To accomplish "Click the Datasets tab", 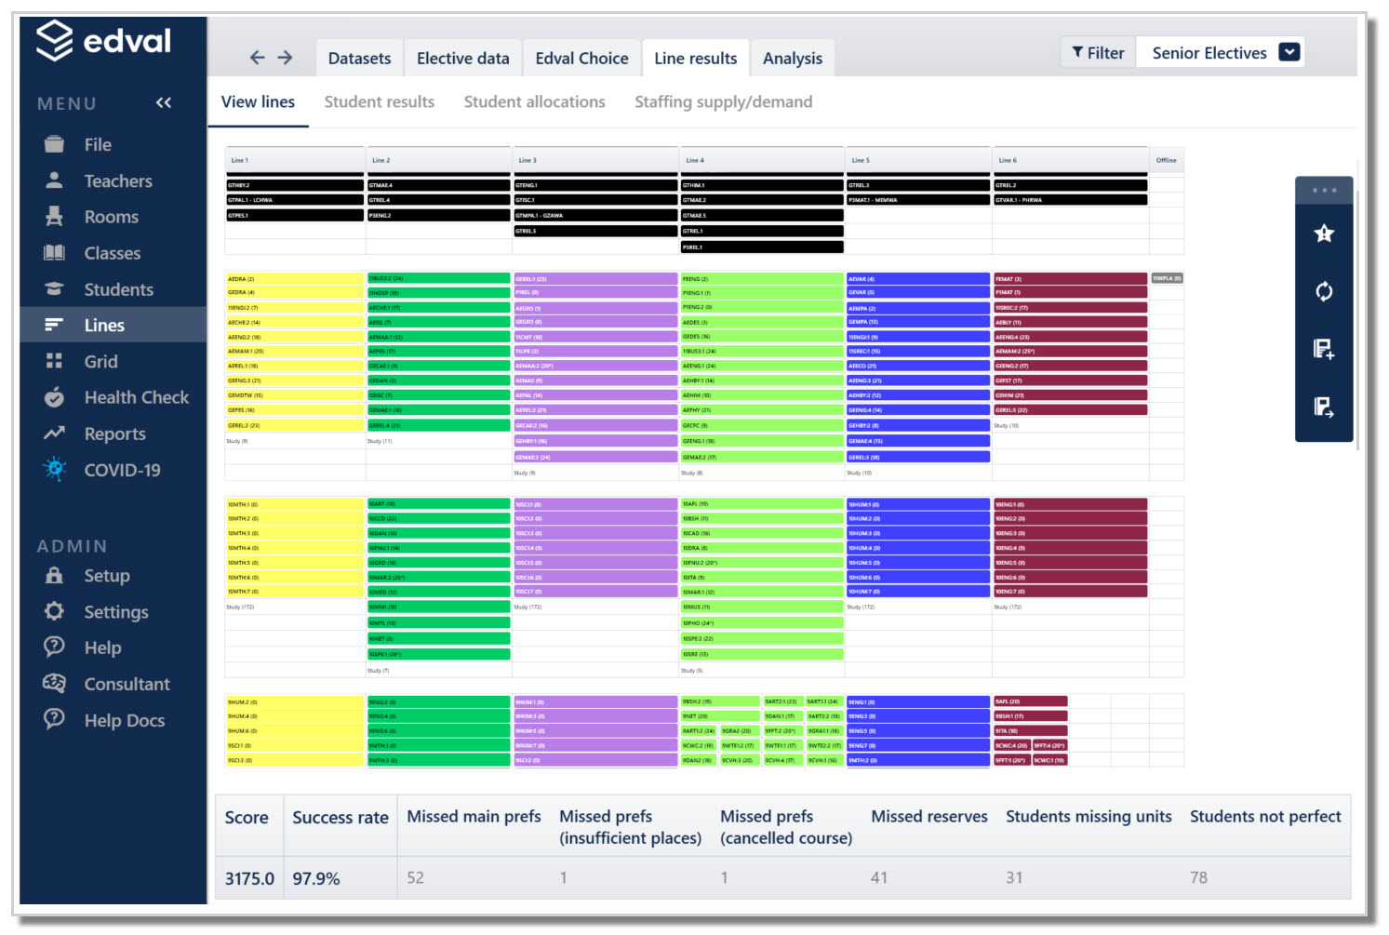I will tap(359, 59).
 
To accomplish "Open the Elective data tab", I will tap(462, 59).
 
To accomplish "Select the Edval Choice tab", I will tap(581, 59).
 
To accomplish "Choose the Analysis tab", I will tap(792, 59).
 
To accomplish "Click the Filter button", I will tap(1098, 53).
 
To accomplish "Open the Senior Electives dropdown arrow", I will tap(1289, 52).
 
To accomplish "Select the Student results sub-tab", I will tap(379, 102).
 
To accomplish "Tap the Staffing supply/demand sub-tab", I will tap(723, 102).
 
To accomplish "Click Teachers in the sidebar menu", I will tap(117, 181).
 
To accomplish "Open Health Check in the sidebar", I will tap(136, 398).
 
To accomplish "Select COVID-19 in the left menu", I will tap(122, 471).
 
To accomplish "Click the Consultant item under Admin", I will tap(127, 685).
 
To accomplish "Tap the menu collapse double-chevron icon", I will tap(164, 103).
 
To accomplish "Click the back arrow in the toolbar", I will tap(257, 58).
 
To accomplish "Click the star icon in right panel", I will tap(1324, 234).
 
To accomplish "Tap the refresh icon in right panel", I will tap(1324, 291).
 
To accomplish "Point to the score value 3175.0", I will tap(249, 878).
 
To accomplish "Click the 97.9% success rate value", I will tap(316, 878).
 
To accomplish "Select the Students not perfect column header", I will tap(1264, 817).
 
